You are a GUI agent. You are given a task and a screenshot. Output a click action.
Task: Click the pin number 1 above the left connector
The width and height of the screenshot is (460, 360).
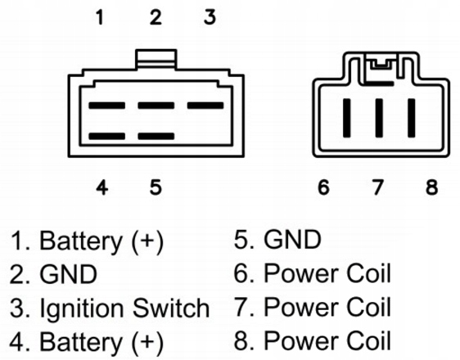(101, 17)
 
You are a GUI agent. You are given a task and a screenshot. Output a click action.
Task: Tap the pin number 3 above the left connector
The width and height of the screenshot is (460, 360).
(210, 17)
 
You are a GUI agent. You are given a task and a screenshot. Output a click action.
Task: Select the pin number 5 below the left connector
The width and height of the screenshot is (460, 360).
(156, 187)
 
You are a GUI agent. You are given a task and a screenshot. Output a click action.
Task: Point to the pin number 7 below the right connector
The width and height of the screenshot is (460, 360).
(378, 187)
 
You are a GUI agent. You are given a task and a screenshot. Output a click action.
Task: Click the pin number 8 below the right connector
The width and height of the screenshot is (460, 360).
(432, 187)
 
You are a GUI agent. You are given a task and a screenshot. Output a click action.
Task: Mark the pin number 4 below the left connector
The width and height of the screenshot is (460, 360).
(101, 187)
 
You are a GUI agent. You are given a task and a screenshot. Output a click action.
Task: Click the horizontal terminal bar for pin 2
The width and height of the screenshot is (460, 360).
(156, 106)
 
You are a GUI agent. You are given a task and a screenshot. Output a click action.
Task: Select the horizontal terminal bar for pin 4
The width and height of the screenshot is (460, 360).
(106, 136)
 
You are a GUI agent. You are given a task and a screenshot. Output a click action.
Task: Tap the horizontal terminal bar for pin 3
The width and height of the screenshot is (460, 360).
(205, 106)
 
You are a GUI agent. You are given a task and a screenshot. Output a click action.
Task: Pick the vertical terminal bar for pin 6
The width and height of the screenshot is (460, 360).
(347, 118)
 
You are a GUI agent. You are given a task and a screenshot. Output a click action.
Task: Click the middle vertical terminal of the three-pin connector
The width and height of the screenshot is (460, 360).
(379, 118)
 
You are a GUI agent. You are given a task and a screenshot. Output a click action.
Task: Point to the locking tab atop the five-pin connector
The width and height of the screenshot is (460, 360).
(156, 60)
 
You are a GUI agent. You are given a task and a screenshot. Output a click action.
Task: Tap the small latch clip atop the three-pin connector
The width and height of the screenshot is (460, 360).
(381, 64)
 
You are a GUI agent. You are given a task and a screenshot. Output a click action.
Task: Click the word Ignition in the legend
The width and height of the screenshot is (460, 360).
(82, 309)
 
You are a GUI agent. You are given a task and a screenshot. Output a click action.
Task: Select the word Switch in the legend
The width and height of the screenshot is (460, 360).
(171, 308)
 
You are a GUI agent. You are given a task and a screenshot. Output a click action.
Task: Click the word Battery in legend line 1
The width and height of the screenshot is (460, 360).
(80, 242)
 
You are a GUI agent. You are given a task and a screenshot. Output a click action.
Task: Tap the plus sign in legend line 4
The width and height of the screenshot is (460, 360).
(147, 341)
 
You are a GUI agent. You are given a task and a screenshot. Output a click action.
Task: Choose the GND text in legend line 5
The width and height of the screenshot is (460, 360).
(292, 240)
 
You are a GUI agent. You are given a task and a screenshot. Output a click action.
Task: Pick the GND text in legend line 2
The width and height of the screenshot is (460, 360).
(68, 274)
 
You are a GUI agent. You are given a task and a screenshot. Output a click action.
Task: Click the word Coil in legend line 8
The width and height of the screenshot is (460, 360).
(368, 340)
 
